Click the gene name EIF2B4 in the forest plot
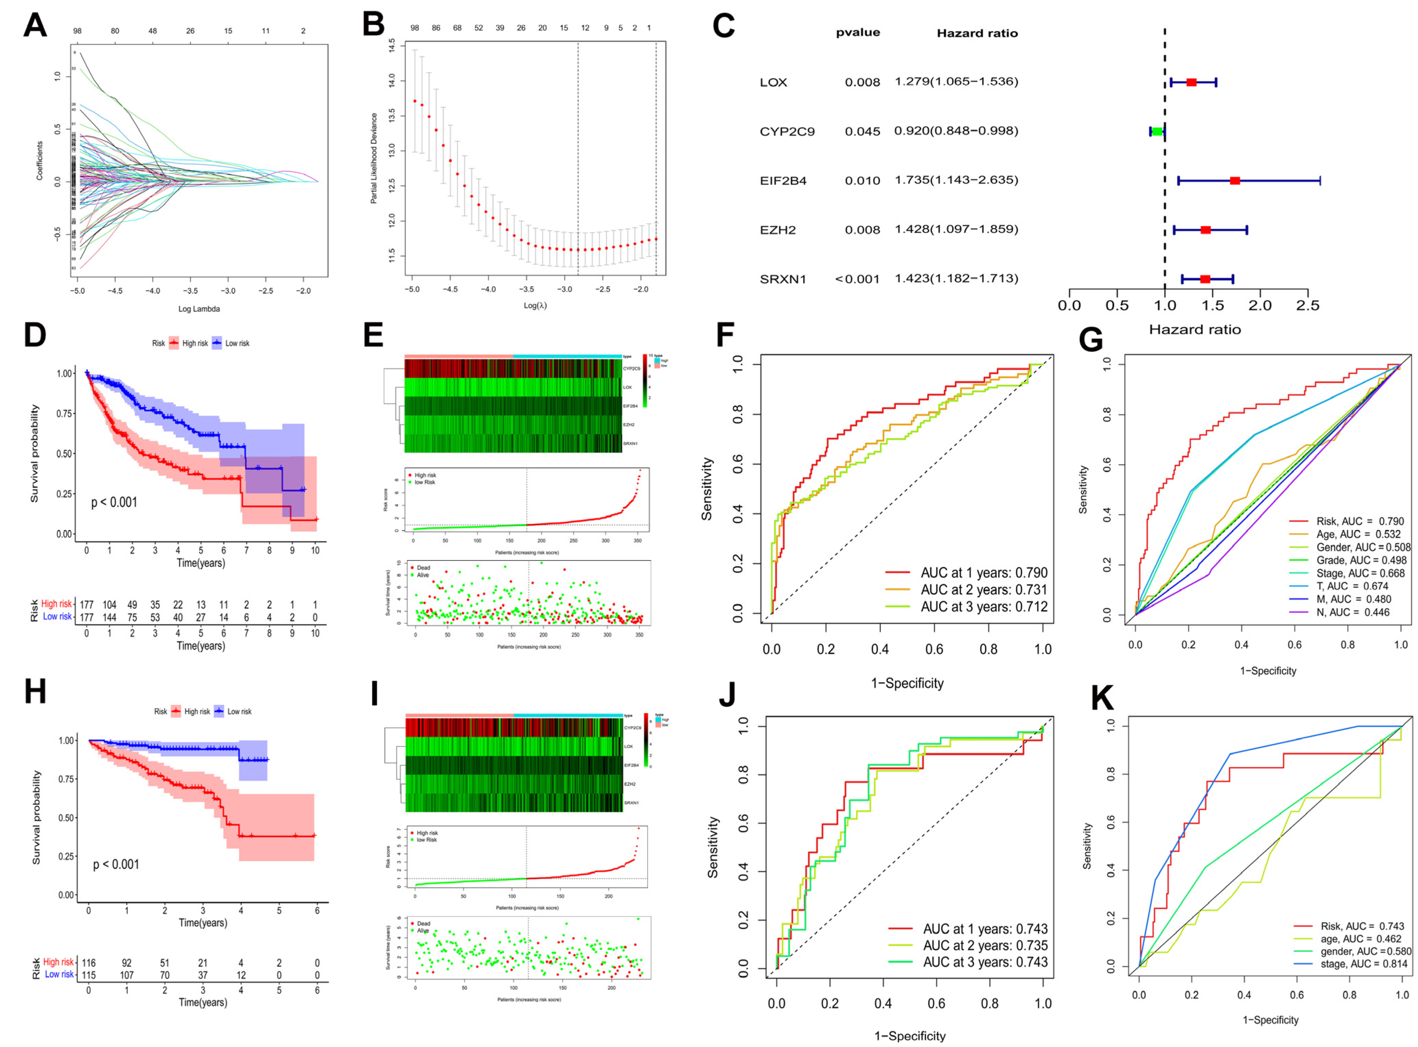click(783, 181)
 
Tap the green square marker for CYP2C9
click(1157, 131)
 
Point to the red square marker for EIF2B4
click(1235, 181)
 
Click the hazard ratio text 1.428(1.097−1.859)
click(956, 230)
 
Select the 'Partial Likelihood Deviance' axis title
click(374, 159)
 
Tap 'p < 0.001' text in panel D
click(114, 503)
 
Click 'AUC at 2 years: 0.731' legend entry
click(983, 590)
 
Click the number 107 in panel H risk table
click(127, 975)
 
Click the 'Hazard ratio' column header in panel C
click(977, 34)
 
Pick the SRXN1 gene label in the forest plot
click(783, 279)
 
